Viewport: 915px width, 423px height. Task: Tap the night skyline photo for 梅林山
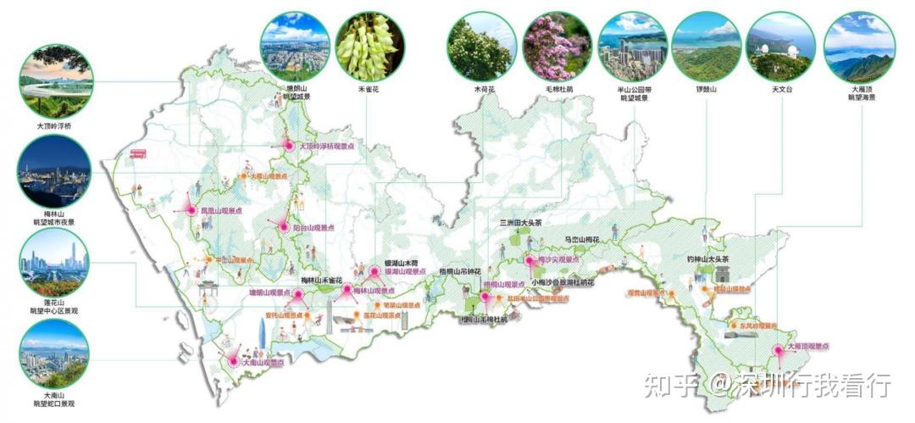(x=53, y=175)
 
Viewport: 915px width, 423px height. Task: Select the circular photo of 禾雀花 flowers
(x=367, y=46)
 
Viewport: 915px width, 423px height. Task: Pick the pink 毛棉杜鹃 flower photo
(x=556, y=46)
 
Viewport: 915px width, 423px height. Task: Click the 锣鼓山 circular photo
(x=706, y=46)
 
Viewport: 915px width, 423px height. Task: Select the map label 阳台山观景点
(x=313, y=228)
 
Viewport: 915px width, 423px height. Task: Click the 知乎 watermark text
(x=671, y=386)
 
